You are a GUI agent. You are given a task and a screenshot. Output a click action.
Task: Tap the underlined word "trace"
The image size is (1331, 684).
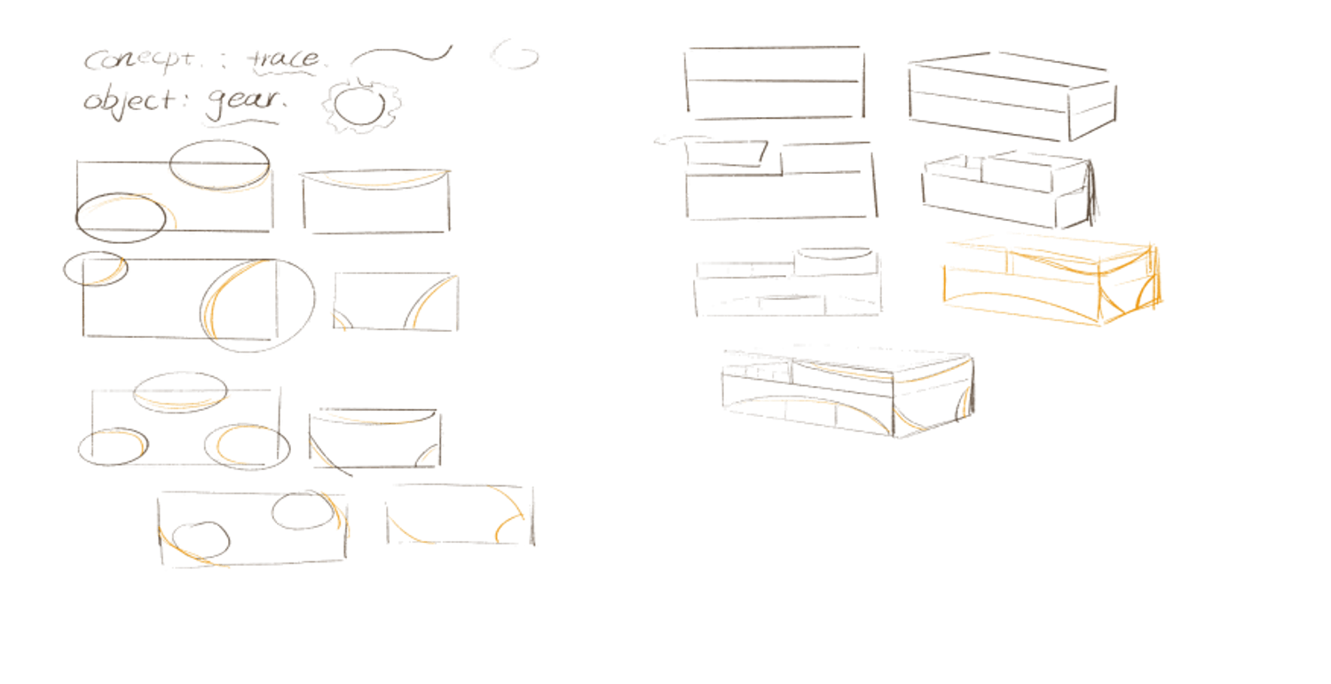click(x=284, y=59)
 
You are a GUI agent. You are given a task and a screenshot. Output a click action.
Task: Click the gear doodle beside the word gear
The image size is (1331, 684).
click(x=362, y=106)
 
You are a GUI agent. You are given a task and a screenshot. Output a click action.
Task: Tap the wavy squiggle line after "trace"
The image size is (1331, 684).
click(x=401, y=57)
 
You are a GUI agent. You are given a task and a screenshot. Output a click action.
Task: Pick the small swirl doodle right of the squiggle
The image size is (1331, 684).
click(x=516, y=57)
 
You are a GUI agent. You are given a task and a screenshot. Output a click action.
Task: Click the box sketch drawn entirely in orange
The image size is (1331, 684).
click(x=1052, y=279)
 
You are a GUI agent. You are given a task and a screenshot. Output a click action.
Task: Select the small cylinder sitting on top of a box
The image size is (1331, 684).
click(x=832, y=259)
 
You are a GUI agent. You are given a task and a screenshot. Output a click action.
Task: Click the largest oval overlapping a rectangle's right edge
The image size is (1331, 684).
click(x=258, y=305)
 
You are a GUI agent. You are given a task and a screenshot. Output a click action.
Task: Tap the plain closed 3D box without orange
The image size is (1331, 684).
click(x=1011, y=98)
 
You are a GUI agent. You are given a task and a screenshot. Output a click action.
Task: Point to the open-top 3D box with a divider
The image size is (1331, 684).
click(x=1008, y=187)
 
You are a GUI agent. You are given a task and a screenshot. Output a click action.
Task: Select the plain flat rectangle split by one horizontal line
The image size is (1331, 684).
click(x=774, y=83)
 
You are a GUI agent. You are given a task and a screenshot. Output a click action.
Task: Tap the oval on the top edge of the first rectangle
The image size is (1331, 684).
click(x=218, y=164)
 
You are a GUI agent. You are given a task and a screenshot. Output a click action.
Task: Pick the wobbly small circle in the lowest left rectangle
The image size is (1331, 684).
click(x=201, y=539)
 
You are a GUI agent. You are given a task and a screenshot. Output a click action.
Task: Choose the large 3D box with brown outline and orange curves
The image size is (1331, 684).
click(x=847, y=390)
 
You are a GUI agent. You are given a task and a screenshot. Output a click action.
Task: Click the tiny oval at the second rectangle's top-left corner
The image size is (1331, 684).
click(x=95, y=268)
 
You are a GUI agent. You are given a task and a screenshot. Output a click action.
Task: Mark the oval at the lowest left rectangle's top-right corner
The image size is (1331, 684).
click(x=304, y=510)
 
